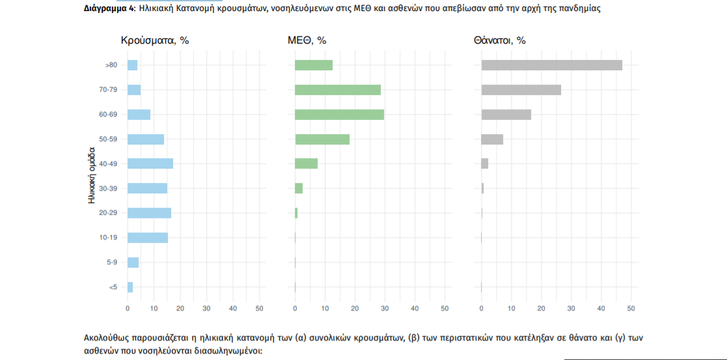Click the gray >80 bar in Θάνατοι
(551, 65)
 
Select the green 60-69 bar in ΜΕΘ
(339, 115)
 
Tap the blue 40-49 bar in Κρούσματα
(150, 163)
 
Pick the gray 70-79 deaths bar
(521, 90)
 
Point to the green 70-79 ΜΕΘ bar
(337, 90)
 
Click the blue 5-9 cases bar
(133, 262)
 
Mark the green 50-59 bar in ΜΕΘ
(322, 139)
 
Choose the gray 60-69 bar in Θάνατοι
(506, 115)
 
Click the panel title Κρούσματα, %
(155, 40)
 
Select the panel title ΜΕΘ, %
(307, 40)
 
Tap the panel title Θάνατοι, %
(499, 40)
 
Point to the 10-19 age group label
(108, 238)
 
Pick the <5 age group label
(113, 287)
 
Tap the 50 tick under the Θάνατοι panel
(631, 307)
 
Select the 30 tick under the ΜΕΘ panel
(385, 307)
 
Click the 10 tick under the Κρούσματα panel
(154, 307)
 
